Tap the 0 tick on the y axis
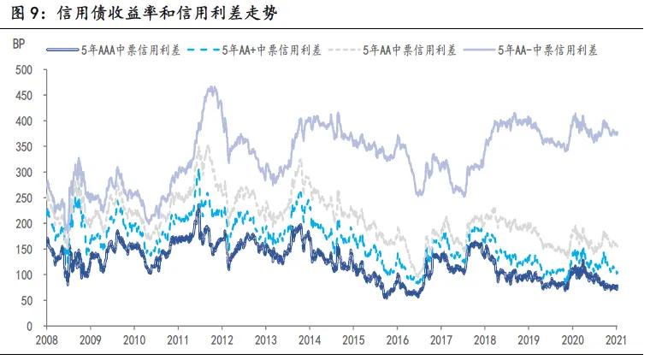click(x=28, y=326)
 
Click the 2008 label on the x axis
click(x=48, y=339)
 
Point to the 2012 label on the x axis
click(x=222, y=339)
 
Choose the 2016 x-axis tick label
click(x=398, y=339)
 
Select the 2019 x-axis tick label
click(x=529, y=339)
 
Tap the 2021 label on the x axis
click(x=617, y=339)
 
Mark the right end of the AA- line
click(x=618, y=133)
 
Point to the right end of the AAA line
click(x=618, y=287)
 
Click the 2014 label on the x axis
click(x=310, y=339)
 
